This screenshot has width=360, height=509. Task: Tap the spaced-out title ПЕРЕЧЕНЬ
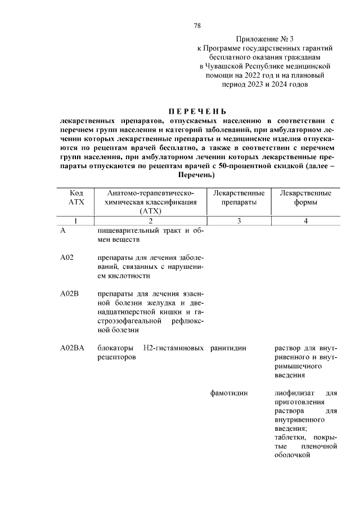click(198, 111)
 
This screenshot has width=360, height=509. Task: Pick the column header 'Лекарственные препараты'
click(239, 197)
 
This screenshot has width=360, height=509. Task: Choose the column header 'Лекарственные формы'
click(305, 197)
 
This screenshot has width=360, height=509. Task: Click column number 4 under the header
click(305, 221)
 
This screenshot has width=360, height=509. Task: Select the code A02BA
click(72, 348)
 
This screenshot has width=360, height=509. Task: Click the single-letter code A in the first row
click(63, 231)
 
